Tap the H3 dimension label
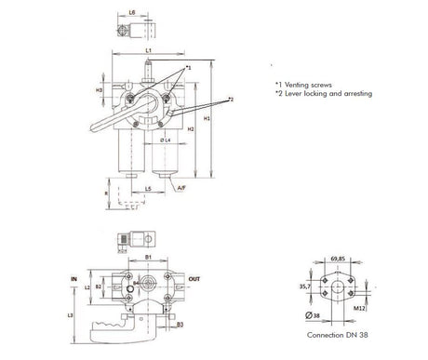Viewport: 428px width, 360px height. pyautogui.click(x=100, y=90)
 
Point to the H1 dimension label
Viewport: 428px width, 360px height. pyautogui.click(x=207, y=120)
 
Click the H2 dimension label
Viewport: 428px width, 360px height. pyautogui.click(x=190, y=129)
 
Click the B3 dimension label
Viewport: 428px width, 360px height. pyautogui.click(x=179, y=325)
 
